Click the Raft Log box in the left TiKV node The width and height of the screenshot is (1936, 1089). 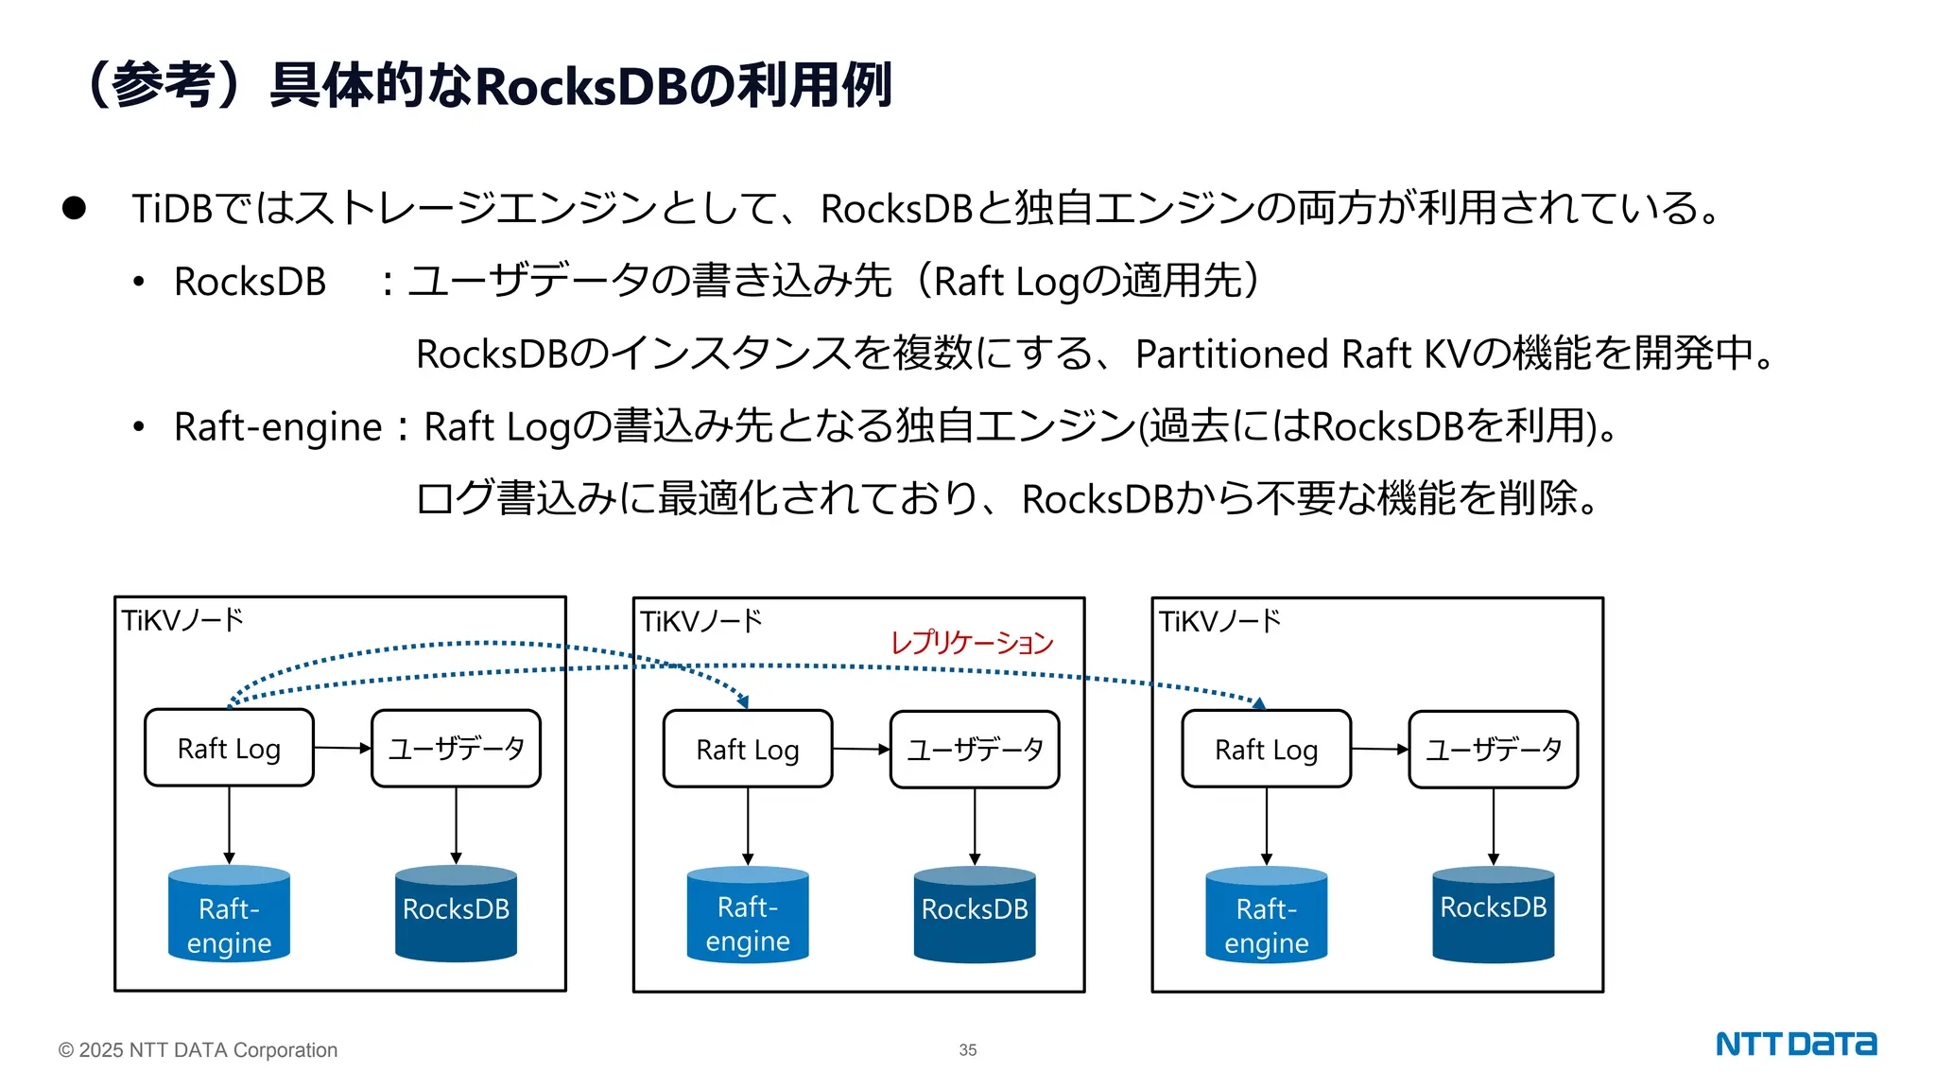click(x=229, y=748)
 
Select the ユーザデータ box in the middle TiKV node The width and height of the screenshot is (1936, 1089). click(x=975, y=750)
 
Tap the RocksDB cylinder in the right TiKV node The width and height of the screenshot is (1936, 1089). click(x=1493, y=913)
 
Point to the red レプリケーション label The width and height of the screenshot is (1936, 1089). click(x=971, y=643)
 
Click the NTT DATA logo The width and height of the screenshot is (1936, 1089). click(x=1795, y=1044)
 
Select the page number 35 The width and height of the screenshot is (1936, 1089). click(x=967, y=1049)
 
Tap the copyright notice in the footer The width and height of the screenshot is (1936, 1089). click(x=198, y=1049)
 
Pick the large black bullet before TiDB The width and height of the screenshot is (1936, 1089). click(x=74, y=208)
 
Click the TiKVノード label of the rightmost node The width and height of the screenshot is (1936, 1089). click(x=1219, y=621)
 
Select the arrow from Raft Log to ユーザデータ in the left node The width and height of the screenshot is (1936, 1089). click(x=342, y=748)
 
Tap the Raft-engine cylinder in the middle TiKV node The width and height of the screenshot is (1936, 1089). click(x=748, y=915)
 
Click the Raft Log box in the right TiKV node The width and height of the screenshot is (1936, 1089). click(x=1266, y=750)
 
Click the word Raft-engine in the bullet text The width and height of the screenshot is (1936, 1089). click(x=278, y=426)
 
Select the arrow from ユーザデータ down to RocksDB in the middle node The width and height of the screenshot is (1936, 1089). click(x=975, y=825)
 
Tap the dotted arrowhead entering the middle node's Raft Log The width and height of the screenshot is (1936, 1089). click(x=743, y=701)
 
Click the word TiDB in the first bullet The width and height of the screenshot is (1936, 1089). click(x=172, y=209)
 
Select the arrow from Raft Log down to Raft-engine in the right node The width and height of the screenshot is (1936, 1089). click(x=1266, y=825)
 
